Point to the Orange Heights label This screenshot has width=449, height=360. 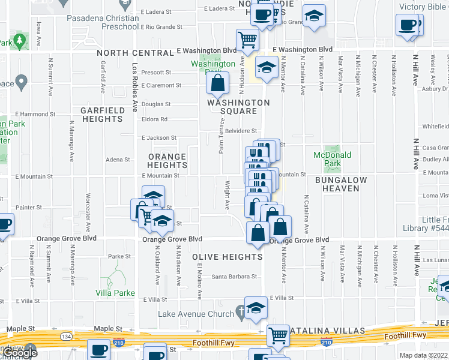[167, 161]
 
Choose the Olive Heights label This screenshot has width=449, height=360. [228, 257]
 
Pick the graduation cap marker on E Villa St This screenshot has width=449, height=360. [256, 307]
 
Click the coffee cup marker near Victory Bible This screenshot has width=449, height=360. [408, 26]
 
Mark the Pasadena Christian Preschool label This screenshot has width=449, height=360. [111, 22]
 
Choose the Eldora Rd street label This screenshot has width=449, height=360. [155, 119]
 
